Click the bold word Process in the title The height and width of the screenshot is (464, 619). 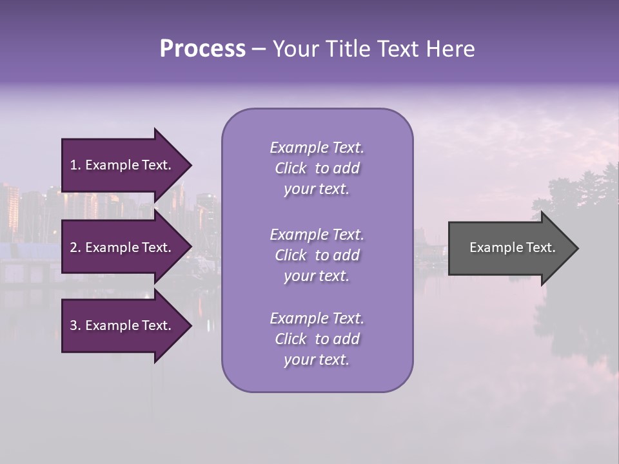[x=202, y=49]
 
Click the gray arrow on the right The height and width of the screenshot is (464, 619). [x=509, y=247]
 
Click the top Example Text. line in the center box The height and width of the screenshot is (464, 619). [x=317, y=148]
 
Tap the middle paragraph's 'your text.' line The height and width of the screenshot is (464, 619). [x=317, y=275]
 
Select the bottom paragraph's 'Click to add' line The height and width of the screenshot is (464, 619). [x=317, y=338]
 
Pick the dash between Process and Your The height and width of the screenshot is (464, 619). [x=259, y=49]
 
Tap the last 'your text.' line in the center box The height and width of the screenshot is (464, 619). [x=317, y=360]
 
